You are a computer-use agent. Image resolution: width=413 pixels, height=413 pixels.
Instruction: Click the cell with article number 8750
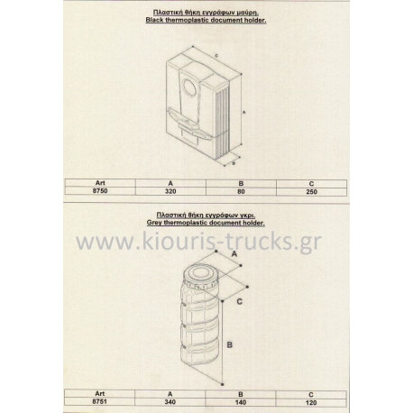point(100,191)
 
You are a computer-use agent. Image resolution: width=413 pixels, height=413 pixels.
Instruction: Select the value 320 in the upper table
point(170,191)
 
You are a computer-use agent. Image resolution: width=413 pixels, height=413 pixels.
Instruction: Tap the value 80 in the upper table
point(241,191)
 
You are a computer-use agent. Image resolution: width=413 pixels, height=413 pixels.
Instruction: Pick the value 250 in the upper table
point(311,192)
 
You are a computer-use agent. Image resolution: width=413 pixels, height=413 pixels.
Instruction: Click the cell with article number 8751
point(100,401)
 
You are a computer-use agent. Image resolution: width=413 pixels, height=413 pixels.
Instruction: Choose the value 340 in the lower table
point(170,402)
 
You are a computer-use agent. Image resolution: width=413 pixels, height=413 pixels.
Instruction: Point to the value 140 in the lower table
point(241,402)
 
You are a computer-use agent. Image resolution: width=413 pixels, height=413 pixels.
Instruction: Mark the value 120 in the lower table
point(311,402)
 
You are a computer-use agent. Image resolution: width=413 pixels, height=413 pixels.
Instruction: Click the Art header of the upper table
point(100,183)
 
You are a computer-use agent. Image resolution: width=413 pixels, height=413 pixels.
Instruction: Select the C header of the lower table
point(311,395)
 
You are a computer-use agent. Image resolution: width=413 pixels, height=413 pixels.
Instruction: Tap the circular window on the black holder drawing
point(191,88)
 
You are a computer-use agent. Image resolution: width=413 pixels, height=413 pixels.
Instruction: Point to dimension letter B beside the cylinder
point(230,344)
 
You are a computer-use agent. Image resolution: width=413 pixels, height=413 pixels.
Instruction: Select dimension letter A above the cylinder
point(234,254)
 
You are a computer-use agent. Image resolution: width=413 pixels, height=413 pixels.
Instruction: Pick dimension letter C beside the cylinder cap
point(239,301)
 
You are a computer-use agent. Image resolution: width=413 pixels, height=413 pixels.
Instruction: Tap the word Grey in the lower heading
point(154,223)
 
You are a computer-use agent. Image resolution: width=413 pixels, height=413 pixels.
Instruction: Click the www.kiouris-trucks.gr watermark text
point(198,242)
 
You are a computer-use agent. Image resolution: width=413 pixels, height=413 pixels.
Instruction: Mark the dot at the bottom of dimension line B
point(223,384)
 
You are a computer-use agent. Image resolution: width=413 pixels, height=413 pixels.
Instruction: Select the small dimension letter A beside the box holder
point(244,112)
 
